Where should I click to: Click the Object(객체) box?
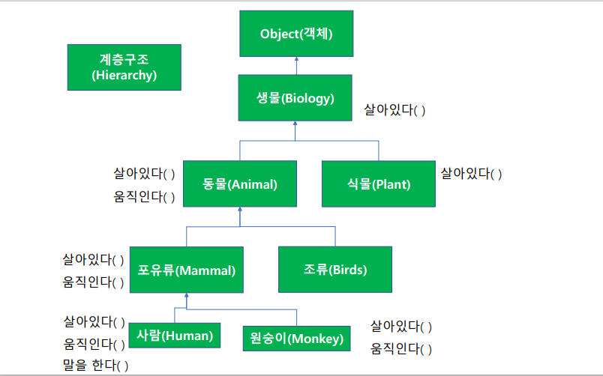295,34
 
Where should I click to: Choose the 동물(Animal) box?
239,184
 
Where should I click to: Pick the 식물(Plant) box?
377,184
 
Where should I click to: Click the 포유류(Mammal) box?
186,270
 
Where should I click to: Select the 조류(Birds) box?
334,270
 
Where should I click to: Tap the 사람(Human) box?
175,336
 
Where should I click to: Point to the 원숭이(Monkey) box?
296,339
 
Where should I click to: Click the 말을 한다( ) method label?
95,366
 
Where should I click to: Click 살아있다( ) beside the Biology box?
395,110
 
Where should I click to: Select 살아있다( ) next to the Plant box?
471,174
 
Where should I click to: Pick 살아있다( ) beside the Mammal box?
93,260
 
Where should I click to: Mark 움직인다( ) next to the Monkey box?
401,349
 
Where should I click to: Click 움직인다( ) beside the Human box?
94,345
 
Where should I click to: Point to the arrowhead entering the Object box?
295,60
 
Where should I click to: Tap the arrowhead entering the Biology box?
295,124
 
